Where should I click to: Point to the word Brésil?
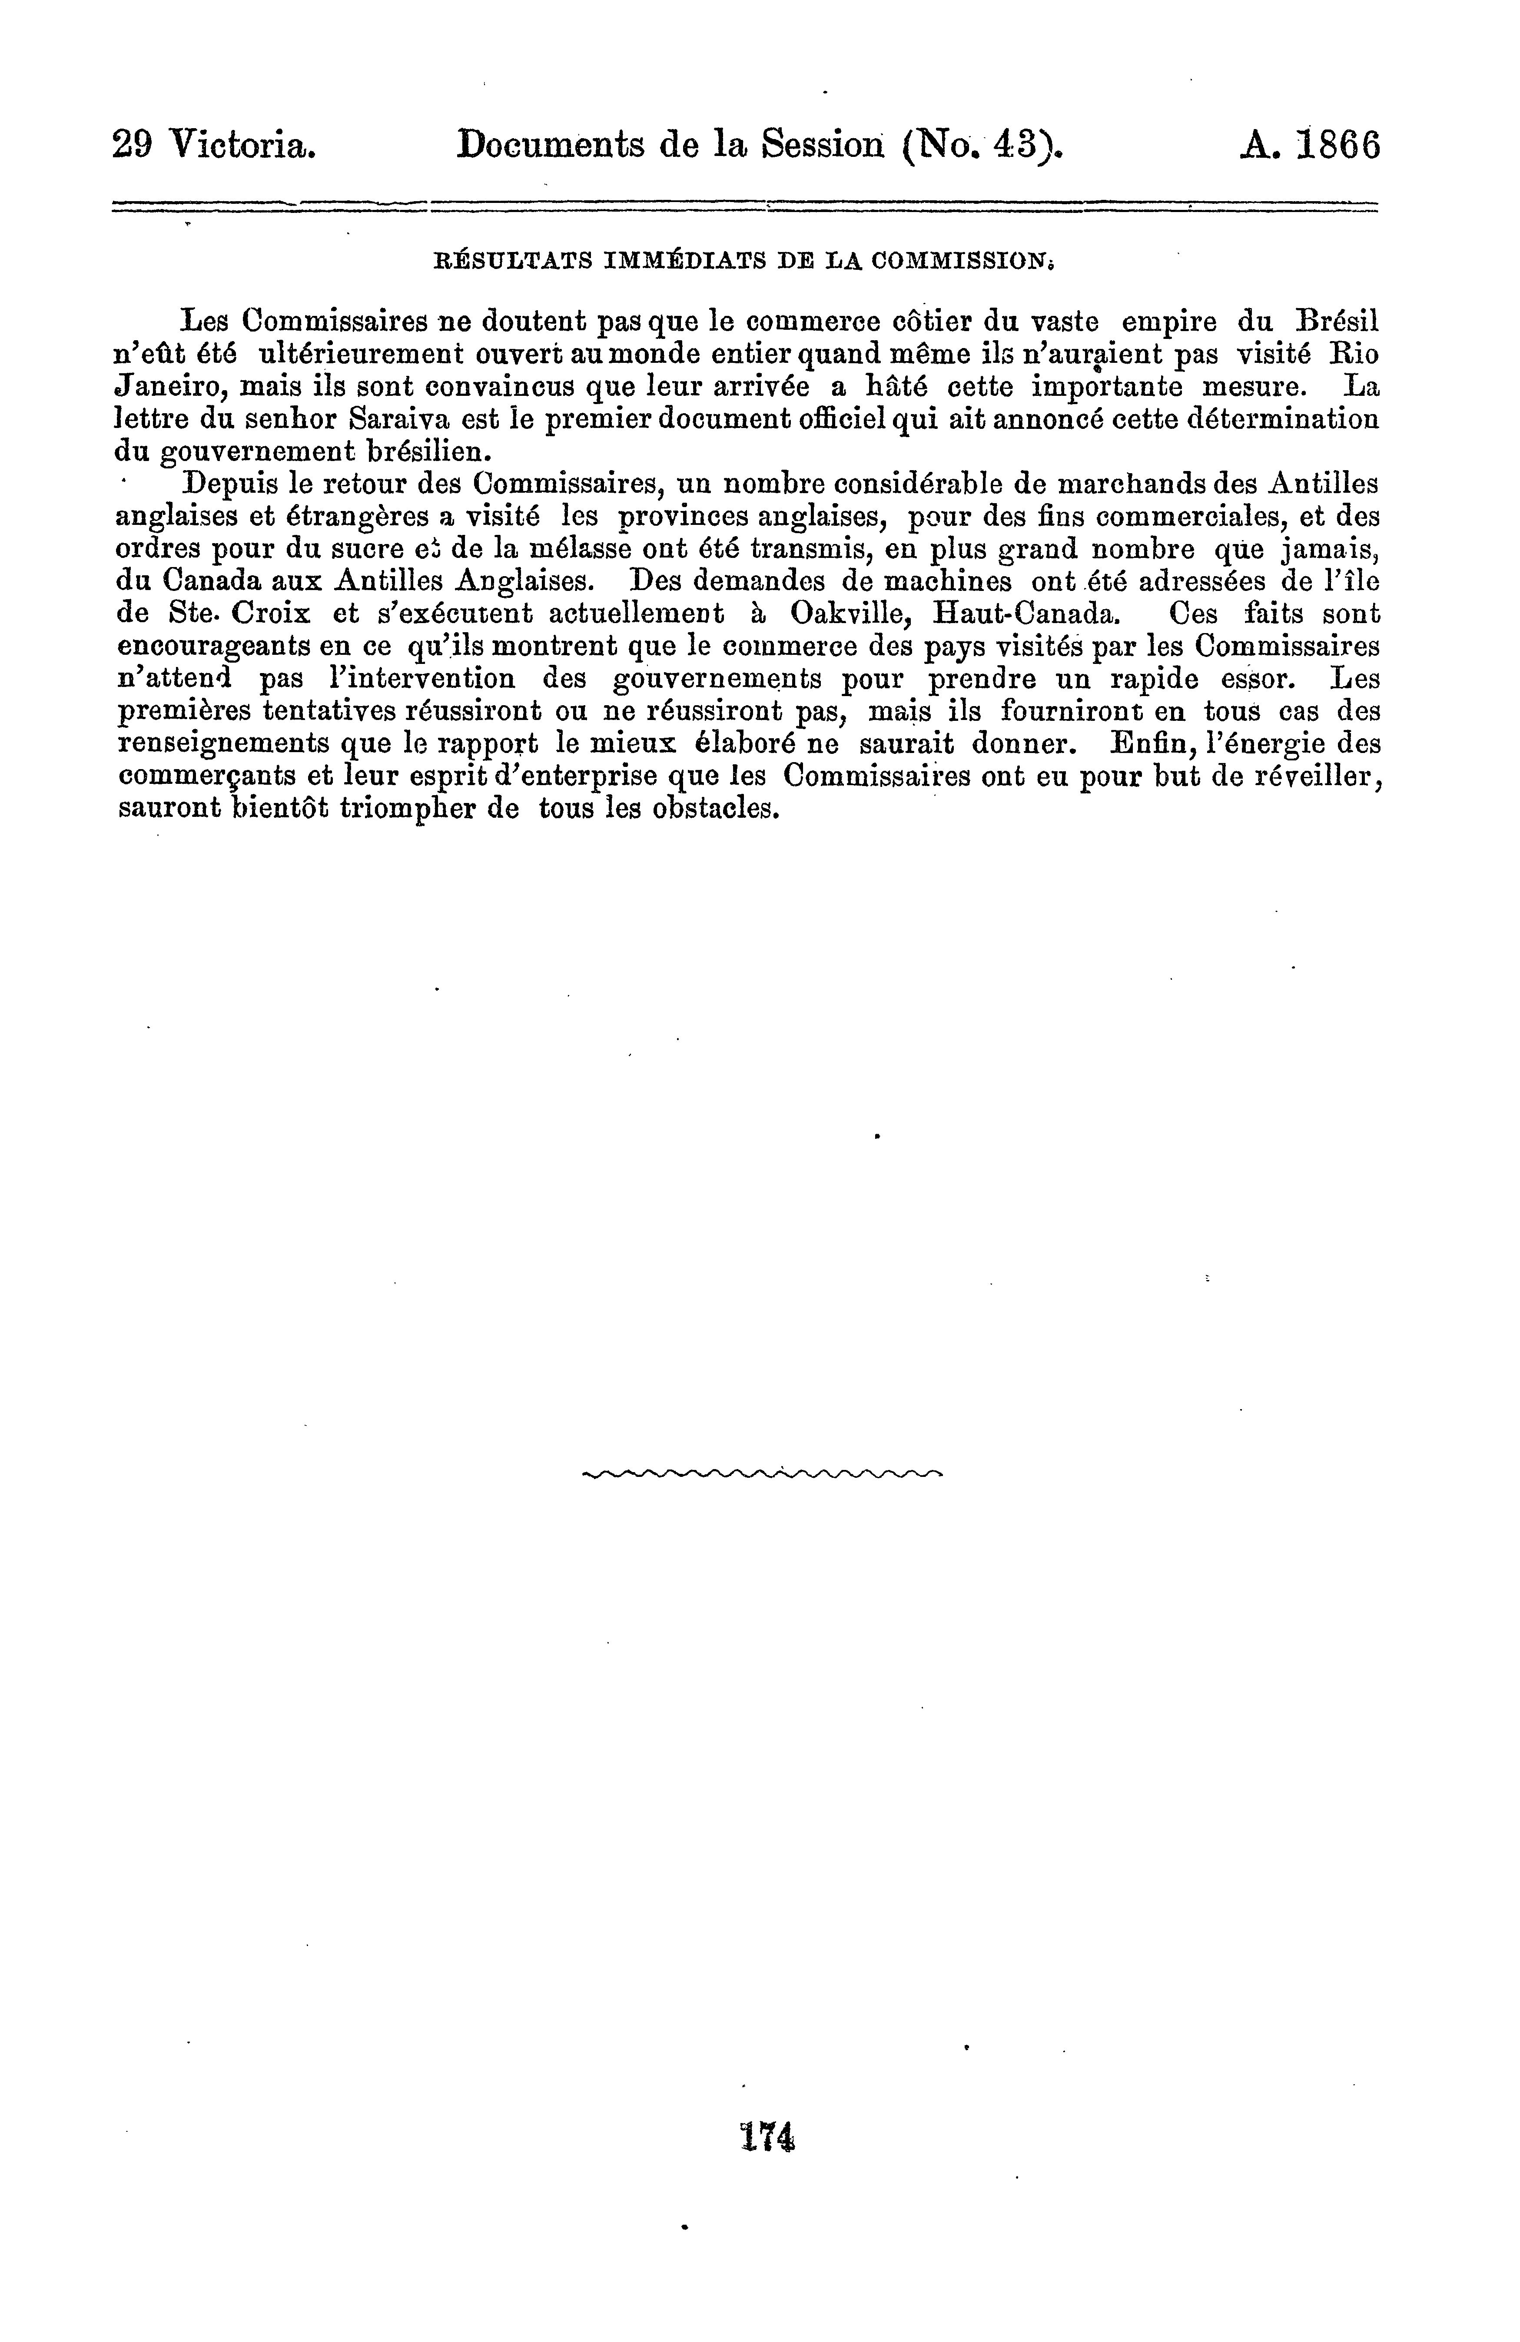coord(1336,321)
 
